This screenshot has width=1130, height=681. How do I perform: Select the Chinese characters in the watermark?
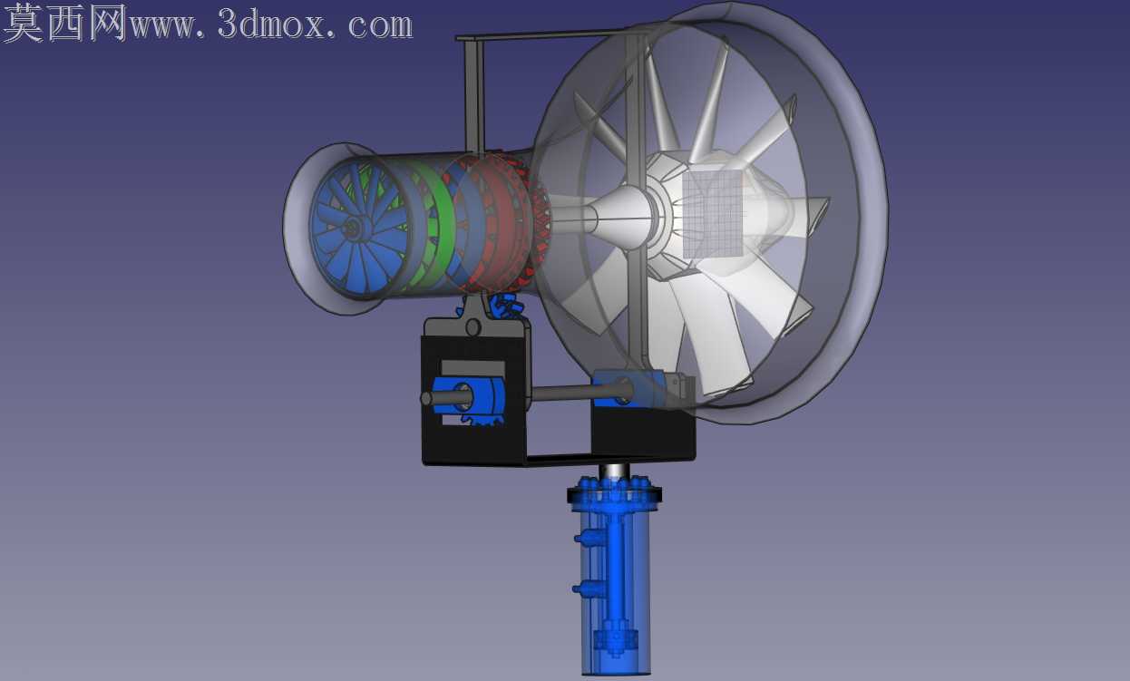click(x=64, y=22)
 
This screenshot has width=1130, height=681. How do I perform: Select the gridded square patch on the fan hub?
click(x=713, y=214)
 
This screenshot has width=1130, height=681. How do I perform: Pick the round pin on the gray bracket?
click(x=473, y=327)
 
